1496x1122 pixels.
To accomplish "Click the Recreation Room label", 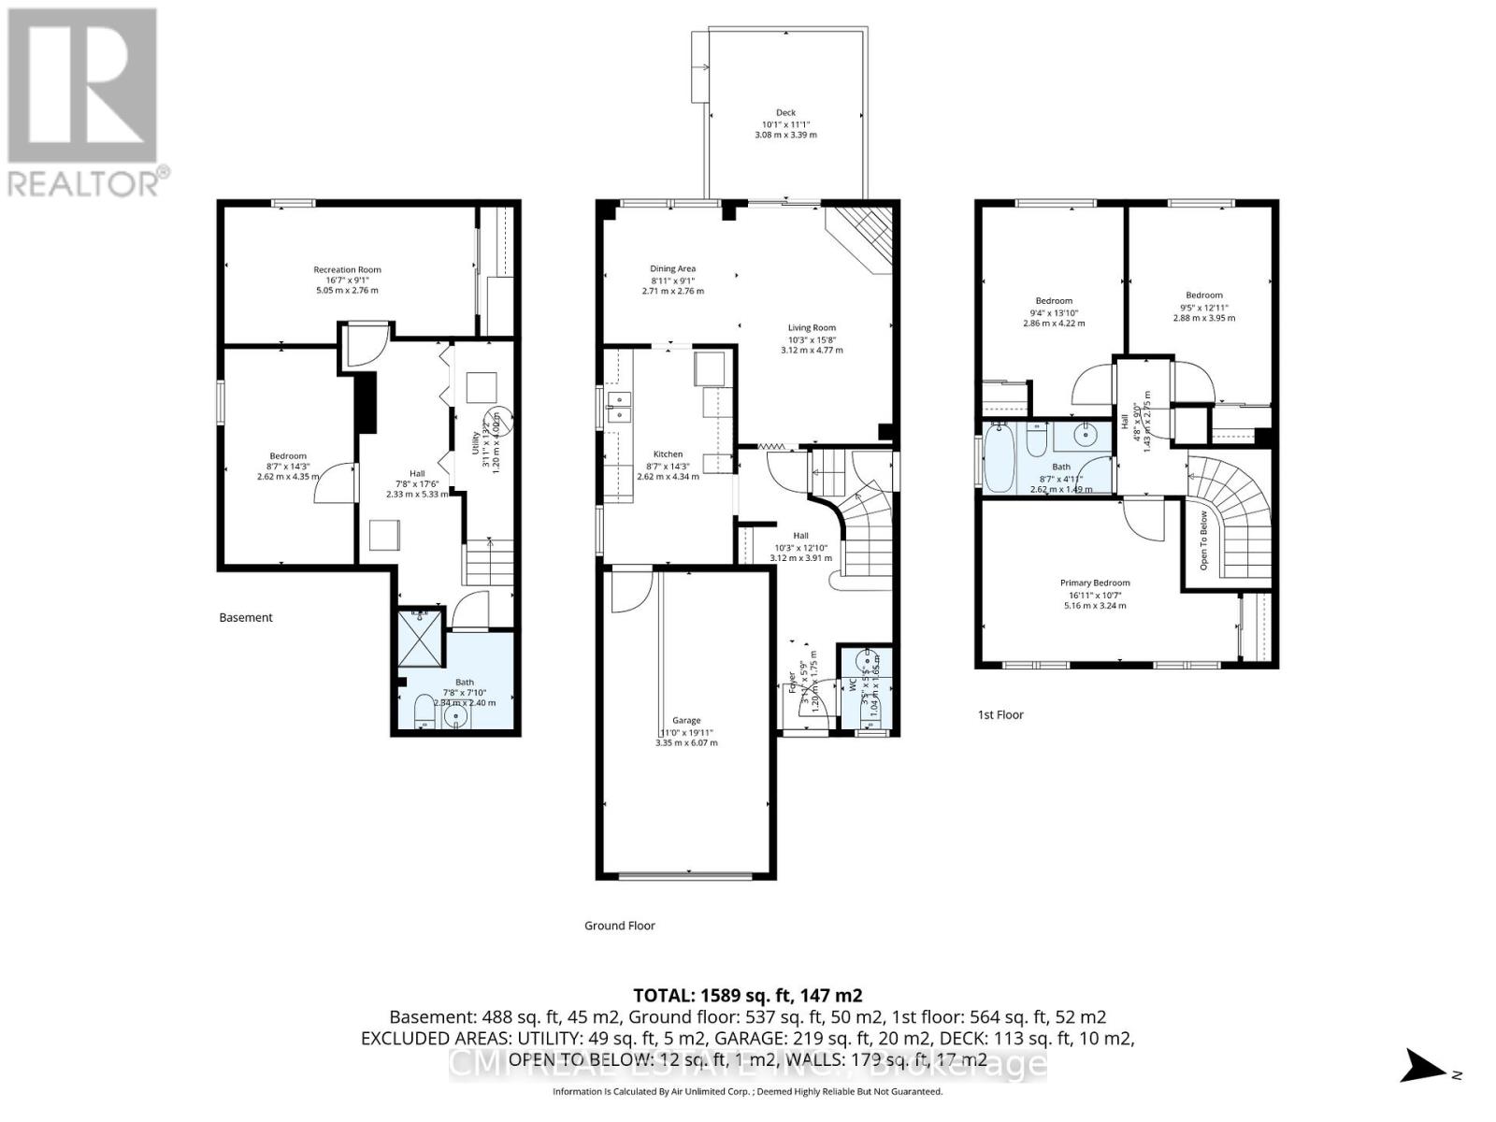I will coord(347,270).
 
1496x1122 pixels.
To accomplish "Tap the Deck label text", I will coord(785,113).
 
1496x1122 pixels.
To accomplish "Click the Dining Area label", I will coord(672,269).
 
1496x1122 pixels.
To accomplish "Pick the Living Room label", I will coord(812,328).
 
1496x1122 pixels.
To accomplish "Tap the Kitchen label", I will coord(668,454).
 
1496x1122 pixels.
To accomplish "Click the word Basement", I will coord(246,617).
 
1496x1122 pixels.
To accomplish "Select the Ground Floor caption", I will coord(619,926).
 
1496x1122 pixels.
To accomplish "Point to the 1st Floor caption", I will coord(1000,714).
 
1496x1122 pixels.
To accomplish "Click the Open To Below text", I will coord(1203,540).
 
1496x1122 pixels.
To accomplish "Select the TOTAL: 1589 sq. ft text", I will coord(748,995).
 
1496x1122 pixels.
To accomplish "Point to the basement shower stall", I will coord(421,637).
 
